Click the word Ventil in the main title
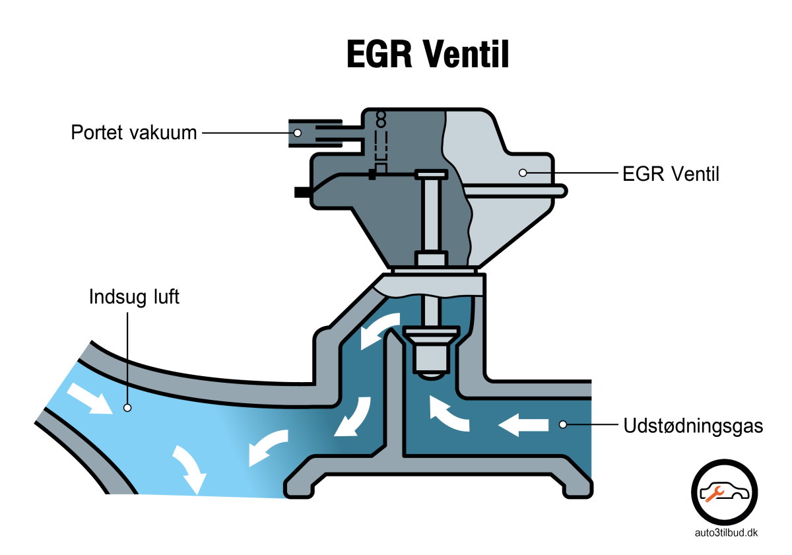[466, 54]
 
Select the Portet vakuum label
[134, 133]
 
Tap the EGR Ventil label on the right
[671, 174]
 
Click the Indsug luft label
[134, 297]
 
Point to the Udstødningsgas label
[693, 426]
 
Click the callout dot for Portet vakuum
[298, 133]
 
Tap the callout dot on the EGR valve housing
[522, 173]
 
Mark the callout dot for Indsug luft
[127, 408]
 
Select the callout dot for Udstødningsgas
[562, 425]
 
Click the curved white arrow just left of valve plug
[380, 332]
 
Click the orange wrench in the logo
[715, 492]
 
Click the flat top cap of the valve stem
[430, 174]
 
